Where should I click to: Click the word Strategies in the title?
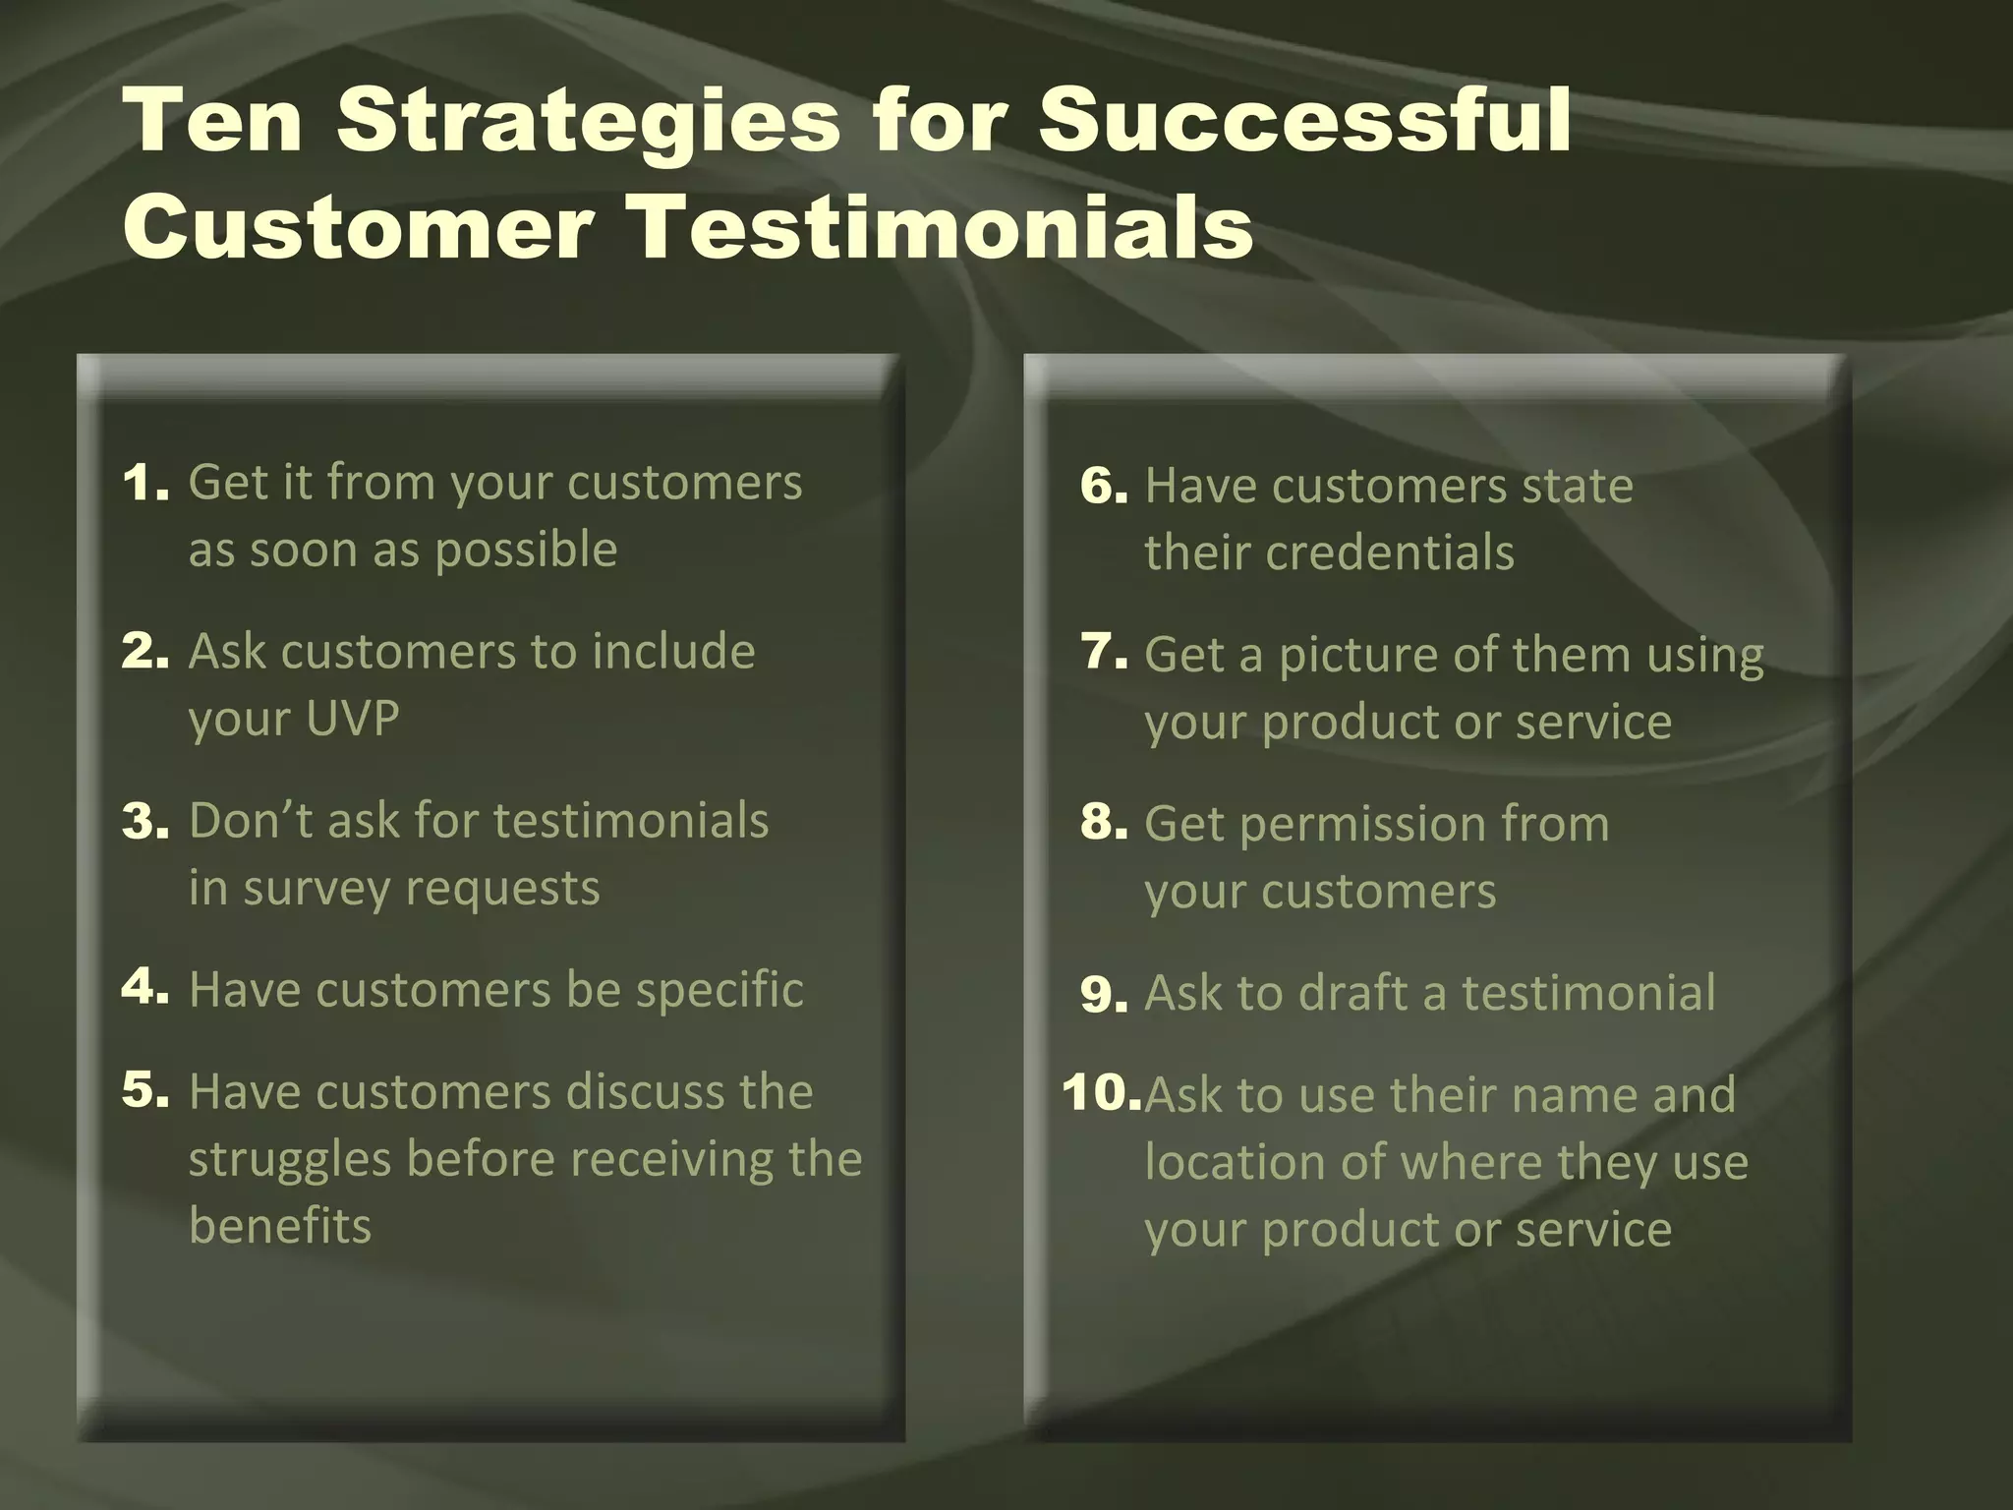click(587, 122)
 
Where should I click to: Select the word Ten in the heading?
click(213, 122)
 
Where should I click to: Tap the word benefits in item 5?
click(280, 1227)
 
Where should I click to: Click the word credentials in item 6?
click(1390, 552)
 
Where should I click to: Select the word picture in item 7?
click(1357, 656)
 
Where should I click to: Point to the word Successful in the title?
click(1304, 122)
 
